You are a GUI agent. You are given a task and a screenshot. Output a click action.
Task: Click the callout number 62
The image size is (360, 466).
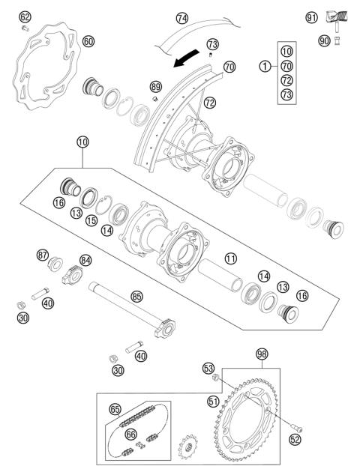point(25,16)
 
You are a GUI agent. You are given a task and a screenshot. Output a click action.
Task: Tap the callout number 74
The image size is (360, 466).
point(181,17)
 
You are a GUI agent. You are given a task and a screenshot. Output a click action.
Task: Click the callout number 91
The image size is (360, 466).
point(312,16)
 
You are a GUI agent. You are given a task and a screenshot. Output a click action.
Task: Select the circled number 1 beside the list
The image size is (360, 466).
point(264,66)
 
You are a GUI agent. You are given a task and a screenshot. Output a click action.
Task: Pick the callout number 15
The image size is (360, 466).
point(91,221)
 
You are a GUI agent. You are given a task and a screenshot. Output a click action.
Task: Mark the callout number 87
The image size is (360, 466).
point(43,255)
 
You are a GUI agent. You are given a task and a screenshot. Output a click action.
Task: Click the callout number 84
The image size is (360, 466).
point(86,259)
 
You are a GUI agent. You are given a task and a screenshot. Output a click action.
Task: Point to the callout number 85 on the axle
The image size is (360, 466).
point(136,297)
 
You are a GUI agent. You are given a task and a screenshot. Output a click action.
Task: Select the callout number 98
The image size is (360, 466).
point(261,353)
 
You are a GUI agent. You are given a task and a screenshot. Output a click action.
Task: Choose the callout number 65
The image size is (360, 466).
point(115,409)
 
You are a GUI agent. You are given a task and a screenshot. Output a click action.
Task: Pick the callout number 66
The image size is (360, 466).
point(130,434)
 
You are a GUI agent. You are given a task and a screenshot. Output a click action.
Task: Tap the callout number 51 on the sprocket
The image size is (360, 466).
point(214,402)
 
